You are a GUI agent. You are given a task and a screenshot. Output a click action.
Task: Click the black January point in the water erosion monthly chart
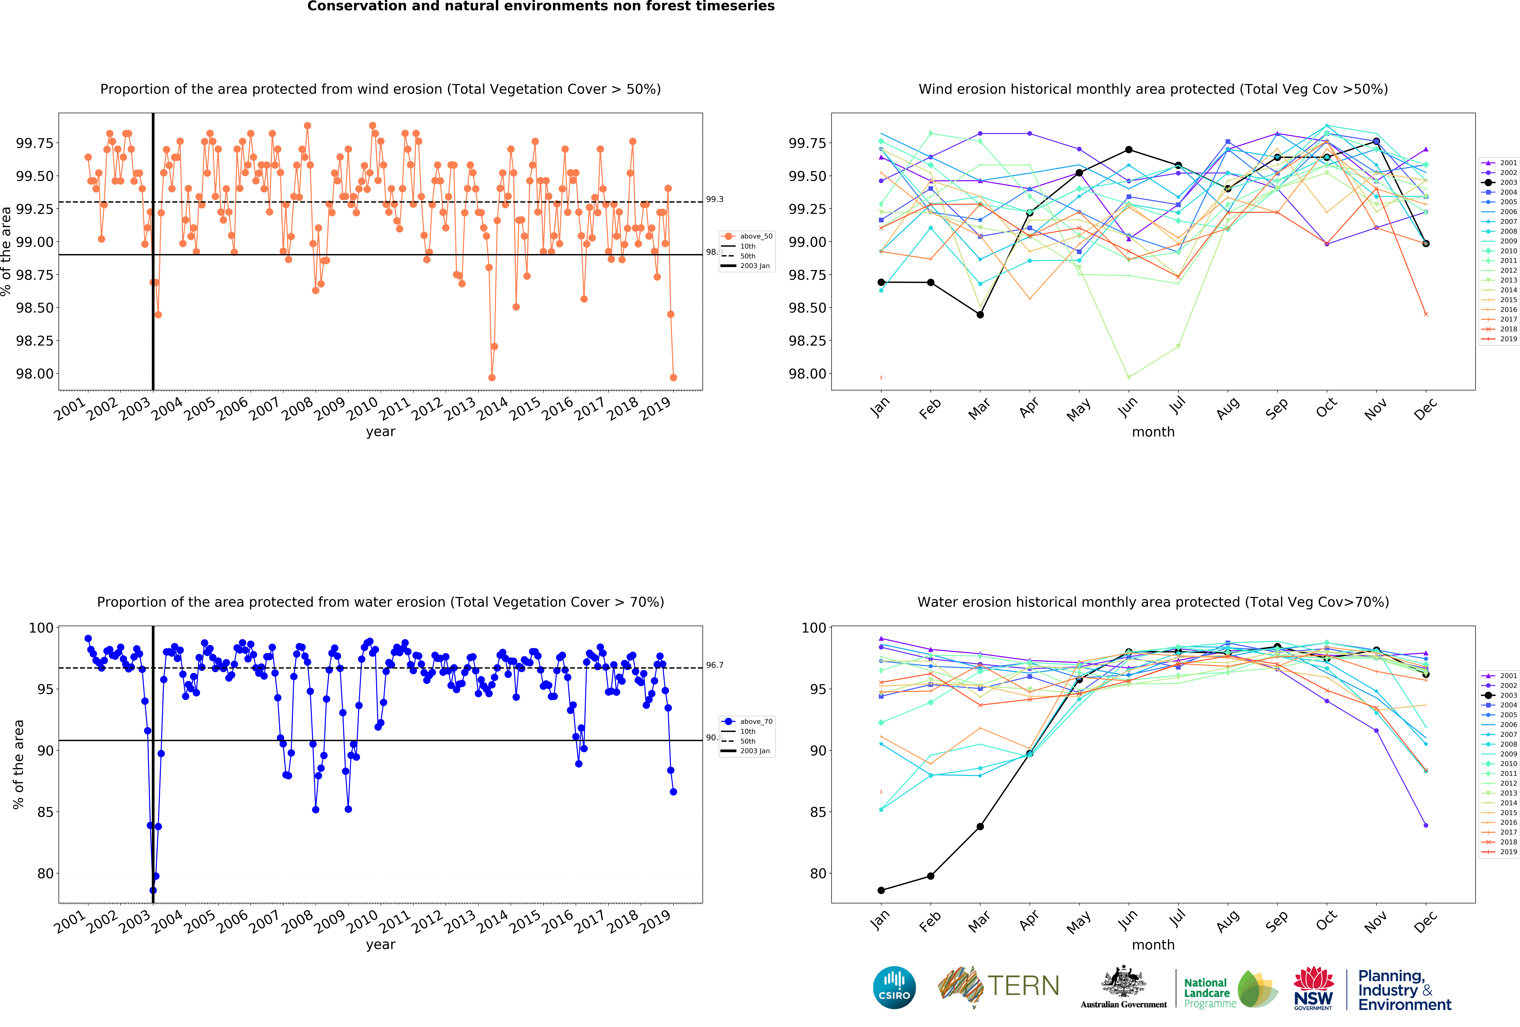click(881, 890)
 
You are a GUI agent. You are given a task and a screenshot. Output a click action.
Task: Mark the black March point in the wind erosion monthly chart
click(980, 315)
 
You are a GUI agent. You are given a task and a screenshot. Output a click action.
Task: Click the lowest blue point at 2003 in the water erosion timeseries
click(153, 890)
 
